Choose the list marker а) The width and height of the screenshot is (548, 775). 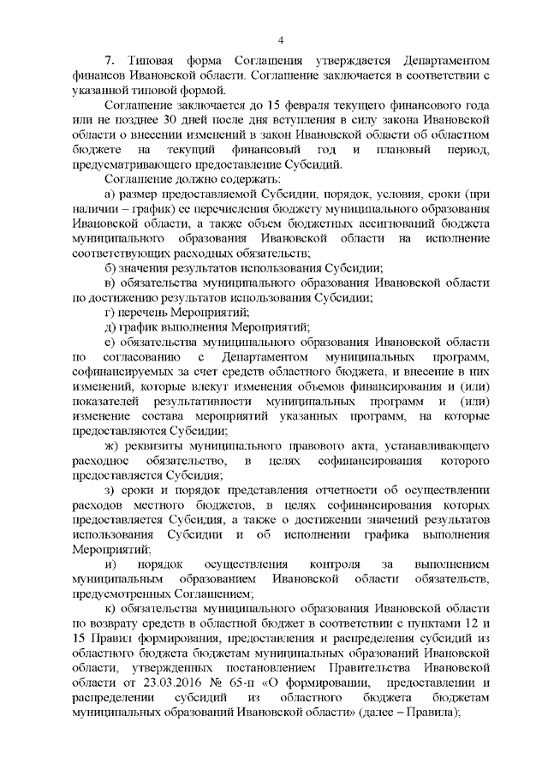[108, 194]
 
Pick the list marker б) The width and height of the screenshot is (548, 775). [108, 267]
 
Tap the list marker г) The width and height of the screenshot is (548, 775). [108, 311]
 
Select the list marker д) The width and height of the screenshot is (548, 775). [108, 325]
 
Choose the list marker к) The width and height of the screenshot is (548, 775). [108, 609]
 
